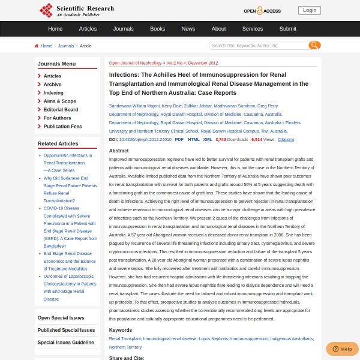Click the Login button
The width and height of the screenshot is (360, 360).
click(310, 10)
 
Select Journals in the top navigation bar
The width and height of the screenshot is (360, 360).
click(124, 29)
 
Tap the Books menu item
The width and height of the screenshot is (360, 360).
click(157, 29)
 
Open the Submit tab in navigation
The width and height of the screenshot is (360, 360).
click(287, 29)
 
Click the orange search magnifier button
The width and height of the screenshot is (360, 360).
click(314, 46)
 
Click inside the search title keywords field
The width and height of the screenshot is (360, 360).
click(258, 46)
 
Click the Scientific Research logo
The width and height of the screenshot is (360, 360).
click(76, 10)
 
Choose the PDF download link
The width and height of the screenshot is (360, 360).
click(179, 139)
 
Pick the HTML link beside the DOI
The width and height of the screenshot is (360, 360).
click(194, 139)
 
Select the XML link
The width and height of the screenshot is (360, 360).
click(208, 139)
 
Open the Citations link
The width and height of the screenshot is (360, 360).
click(286, 139)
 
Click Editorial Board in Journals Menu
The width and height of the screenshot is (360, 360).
click(61, 110)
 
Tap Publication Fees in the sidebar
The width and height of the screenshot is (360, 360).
click(62, 127)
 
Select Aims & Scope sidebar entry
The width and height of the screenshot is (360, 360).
click(59, 101)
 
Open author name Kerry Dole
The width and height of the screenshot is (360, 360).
click(172, 106)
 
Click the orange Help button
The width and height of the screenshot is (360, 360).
click(342, 349)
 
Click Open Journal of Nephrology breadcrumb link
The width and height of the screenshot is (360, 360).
click(135, 63)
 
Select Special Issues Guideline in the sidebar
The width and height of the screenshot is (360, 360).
click(65, 343)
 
